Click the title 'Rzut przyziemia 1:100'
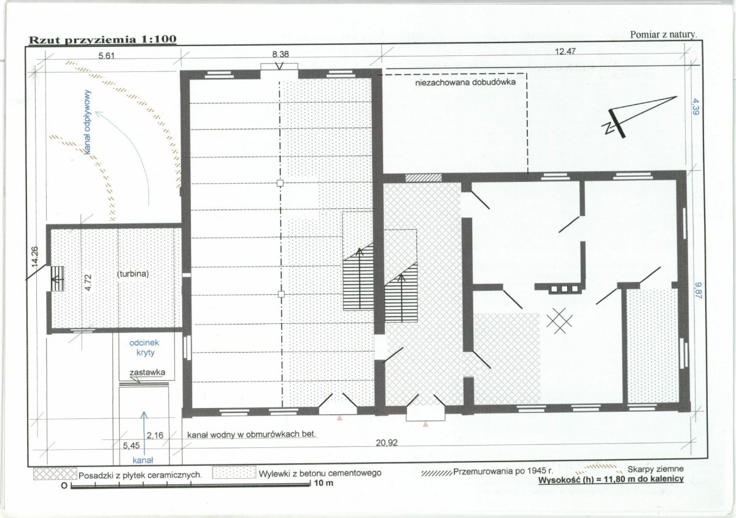[103, 39]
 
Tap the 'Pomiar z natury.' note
[664, 34]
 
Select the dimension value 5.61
[107, 56]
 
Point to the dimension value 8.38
[281, 55]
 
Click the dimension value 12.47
[565, 51]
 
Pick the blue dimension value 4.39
[695, 106]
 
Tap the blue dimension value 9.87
[697, 290]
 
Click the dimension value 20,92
[387, 442]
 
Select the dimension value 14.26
[35, 257]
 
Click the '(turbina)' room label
[133, 273]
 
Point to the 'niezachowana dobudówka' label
[466, 82]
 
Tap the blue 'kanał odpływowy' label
[88, 122]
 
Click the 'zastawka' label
[147, 373]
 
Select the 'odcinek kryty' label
[145, 348]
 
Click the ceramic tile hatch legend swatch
[55, 473]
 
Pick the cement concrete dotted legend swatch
[234, 473]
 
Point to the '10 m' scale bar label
[323, 483]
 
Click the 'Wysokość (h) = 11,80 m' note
[611, 479]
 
